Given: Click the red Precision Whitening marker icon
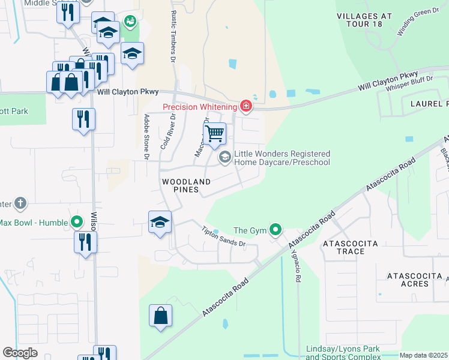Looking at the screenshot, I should (246, 107).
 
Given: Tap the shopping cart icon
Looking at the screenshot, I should (214, 134).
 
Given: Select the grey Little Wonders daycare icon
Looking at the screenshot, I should (225, 158).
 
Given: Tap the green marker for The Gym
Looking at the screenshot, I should (276, 230).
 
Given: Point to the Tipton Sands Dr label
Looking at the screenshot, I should (224, 236).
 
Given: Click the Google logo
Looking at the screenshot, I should (20, 353).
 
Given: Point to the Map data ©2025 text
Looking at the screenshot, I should (423, 355).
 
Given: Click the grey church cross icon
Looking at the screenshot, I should (20, 203).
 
